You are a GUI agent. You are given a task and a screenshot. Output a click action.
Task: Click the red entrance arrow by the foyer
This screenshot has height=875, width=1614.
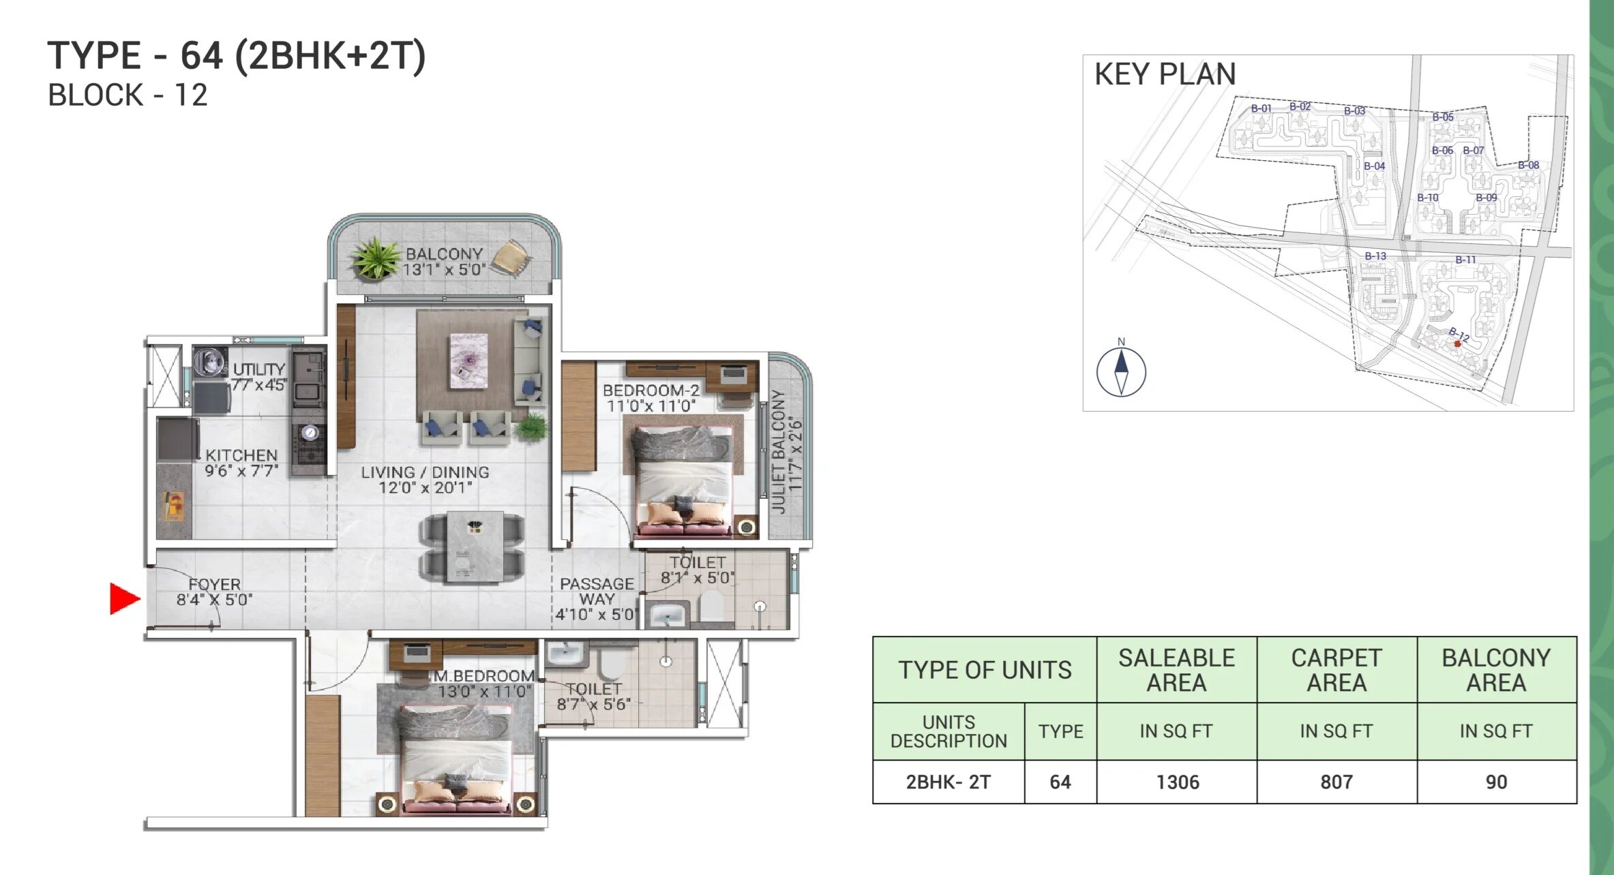tap(124, 599)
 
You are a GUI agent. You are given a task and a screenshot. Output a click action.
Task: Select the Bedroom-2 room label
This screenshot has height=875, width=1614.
tap(651, 390)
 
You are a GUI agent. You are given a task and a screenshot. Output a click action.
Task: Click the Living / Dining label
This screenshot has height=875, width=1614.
tap(425, 472)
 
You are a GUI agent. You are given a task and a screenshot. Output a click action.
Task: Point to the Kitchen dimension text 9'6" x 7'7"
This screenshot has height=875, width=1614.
tap(241, 471)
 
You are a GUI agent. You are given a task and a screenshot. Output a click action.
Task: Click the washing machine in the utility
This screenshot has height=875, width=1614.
tap(211, 362)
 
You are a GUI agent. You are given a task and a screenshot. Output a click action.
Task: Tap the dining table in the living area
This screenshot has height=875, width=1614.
tap(475, 547)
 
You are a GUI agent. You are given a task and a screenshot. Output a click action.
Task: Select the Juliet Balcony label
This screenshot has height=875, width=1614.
tap(779, 451)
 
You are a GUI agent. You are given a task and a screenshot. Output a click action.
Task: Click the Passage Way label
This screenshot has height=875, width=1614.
tap(597, 592)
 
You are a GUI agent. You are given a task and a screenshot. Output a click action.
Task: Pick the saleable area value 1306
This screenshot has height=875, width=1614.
tap(1177, 782)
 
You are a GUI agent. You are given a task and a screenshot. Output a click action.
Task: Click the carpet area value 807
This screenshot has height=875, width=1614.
tap(1336, 782)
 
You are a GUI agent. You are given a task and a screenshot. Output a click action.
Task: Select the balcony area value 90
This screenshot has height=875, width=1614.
tap(1496, 782)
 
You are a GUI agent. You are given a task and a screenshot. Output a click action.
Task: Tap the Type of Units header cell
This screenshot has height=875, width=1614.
tap(984, 670)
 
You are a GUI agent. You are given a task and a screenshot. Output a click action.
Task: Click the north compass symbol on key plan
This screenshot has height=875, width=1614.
tap(1120, 371)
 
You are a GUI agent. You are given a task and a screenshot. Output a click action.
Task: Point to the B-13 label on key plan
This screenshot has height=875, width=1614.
tap(1375, 256)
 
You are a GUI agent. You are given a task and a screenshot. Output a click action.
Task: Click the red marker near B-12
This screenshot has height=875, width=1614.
tap(1457, 344)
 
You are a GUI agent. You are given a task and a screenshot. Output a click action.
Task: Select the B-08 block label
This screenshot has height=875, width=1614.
tap(1528, 165)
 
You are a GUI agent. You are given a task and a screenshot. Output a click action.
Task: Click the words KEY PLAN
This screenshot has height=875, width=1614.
tap(1165, 74)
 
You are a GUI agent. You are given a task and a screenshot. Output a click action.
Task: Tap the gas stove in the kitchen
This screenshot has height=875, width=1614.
tap(310, 444)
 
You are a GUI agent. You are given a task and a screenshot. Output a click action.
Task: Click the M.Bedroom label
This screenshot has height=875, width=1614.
tap(485, 676)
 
